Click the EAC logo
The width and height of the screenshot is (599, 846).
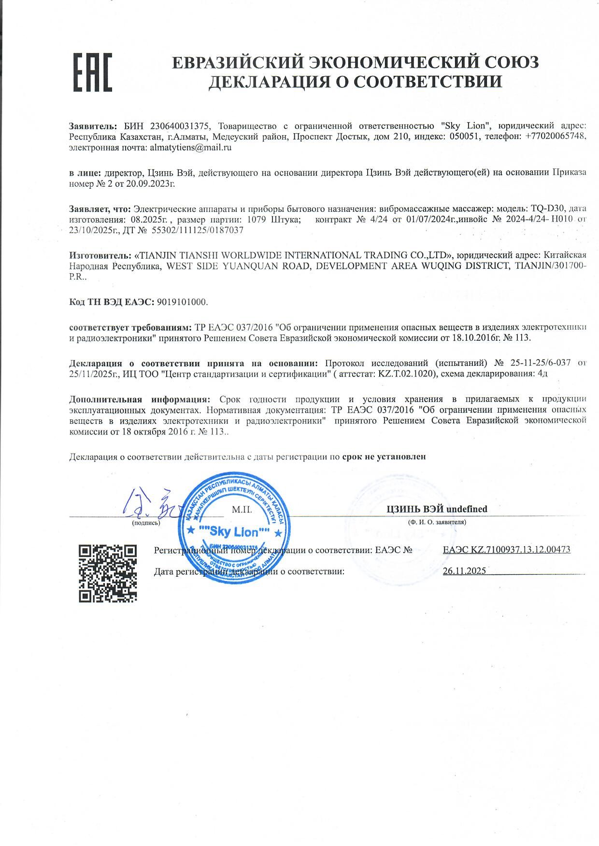point(92,72)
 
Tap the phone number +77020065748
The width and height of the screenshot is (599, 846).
point(554,137)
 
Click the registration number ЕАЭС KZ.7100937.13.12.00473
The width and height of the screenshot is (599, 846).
point(506,550)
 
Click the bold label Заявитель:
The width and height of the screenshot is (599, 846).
point(93,126)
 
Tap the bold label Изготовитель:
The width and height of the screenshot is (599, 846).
point(100,255)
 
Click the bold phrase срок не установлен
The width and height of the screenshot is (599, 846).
point(384,457)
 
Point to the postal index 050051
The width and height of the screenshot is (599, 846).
point(464,137)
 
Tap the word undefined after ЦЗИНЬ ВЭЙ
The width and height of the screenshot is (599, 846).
point(467,509)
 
